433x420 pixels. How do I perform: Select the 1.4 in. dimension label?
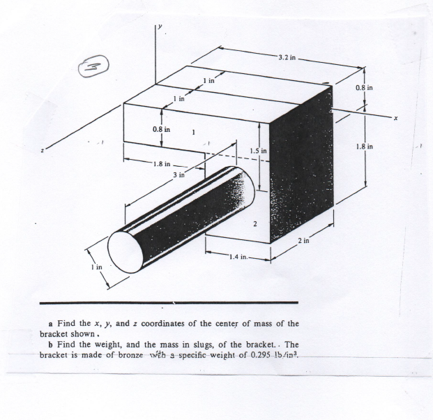(238, 258)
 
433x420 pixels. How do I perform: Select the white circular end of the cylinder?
(128, 249)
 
